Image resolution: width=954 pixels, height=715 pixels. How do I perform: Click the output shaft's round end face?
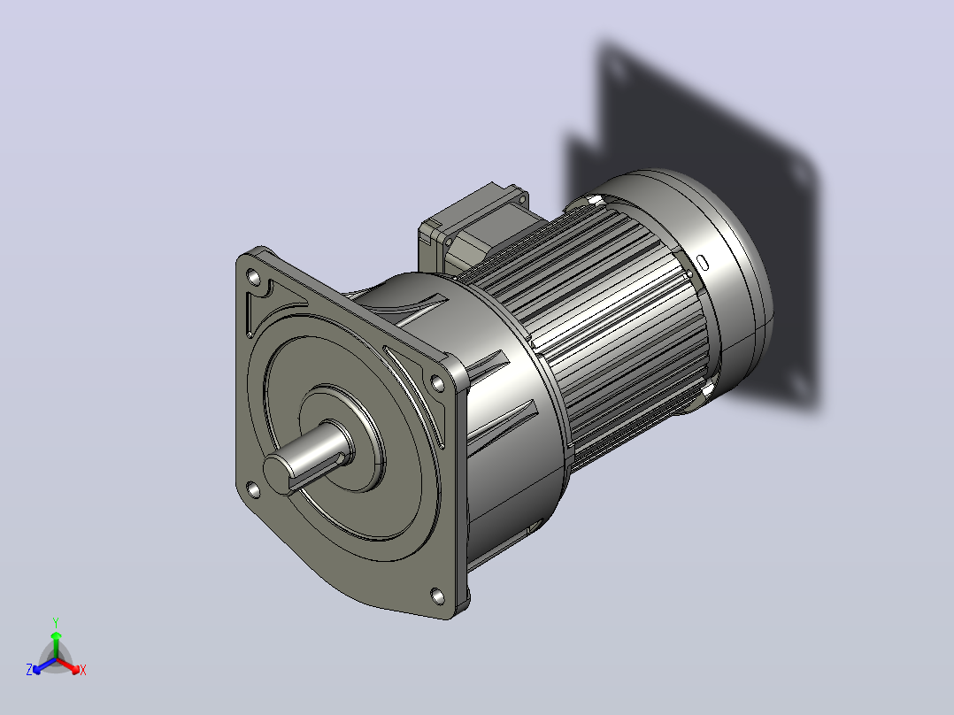tap(277, 473)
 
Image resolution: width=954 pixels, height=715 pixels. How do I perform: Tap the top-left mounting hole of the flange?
tap(253, 278)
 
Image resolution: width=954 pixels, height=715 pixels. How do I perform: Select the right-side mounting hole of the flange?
tap(437, 383)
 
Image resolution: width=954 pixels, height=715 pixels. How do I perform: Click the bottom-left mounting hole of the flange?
tap(253, 489)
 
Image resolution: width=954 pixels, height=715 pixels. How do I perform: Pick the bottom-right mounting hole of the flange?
tap(437, 596)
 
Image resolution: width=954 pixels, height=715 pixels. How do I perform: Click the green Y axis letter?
tap(56, 622)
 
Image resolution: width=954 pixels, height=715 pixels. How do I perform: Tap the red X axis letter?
tap(83, 670)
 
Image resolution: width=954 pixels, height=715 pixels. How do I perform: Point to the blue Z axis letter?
tap(29, 670)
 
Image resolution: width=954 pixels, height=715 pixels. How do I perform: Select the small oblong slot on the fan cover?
tap(702, 262)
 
